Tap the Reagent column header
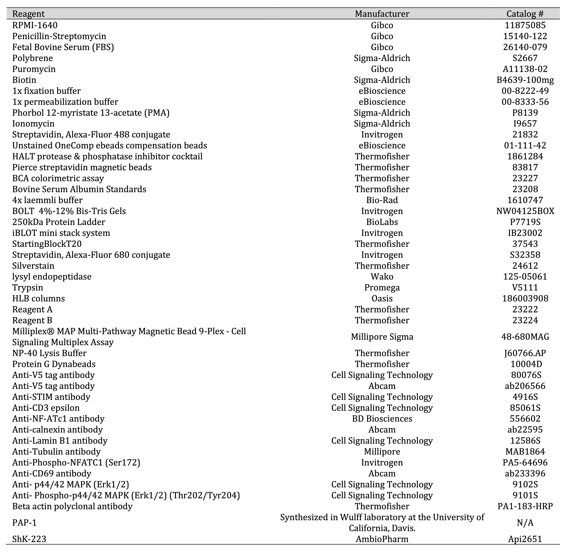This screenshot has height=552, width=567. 28,14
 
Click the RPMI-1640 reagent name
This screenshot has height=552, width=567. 35,25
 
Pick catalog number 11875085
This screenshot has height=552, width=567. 525,25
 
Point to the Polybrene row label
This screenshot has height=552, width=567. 32,58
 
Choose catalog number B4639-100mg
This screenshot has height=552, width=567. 525,80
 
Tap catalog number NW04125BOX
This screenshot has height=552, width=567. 525,211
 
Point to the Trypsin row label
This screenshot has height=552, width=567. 28,288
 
